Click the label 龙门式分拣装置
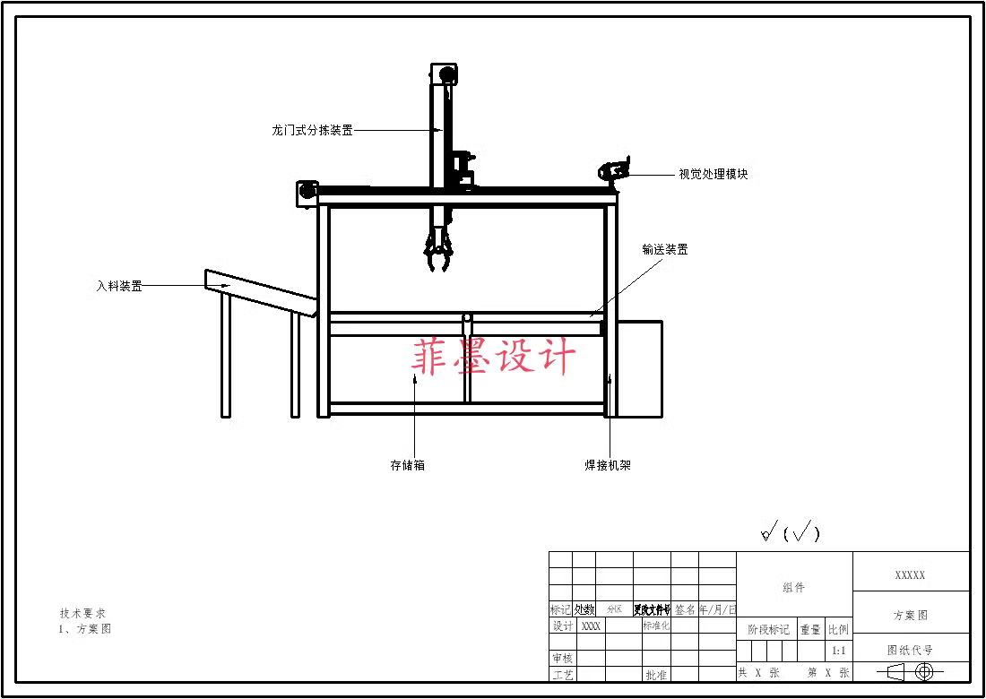click(x=312, y=130)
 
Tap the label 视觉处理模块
click(x=713, y=175)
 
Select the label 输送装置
click(x=664, y=250)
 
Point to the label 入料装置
click(x=119, y=287)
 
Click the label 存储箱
click(x=407, y=466)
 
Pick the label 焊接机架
click(x=608, y=466)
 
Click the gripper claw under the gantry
click(x=438, y=251)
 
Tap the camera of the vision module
click(x=615, y=170)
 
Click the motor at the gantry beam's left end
click(x=307, y=191)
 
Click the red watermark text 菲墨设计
click(x=493, y=357)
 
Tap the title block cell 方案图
click(x=911, y=616)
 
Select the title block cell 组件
click(x=793, y=588)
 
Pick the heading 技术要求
click(x=82, y=614)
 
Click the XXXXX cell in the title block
click(x=911, y=575)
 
